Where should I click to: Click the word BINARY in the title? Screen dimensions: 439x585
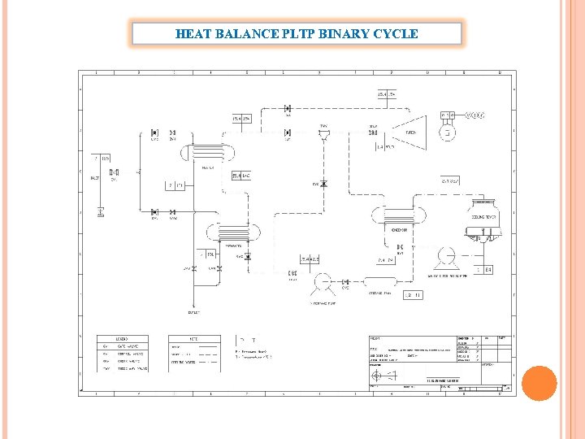[x=333, y=34]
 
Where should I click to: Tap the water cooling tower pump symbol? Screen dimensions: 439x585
[x=445, y=256]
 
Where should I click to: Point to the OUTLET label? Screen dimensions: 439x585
[x=194, y=311]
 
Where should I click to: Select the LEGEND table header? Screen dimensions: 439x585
[x=119, y=337]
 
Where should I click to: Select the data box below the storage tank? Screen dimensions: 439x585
[x=412, y=295]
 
